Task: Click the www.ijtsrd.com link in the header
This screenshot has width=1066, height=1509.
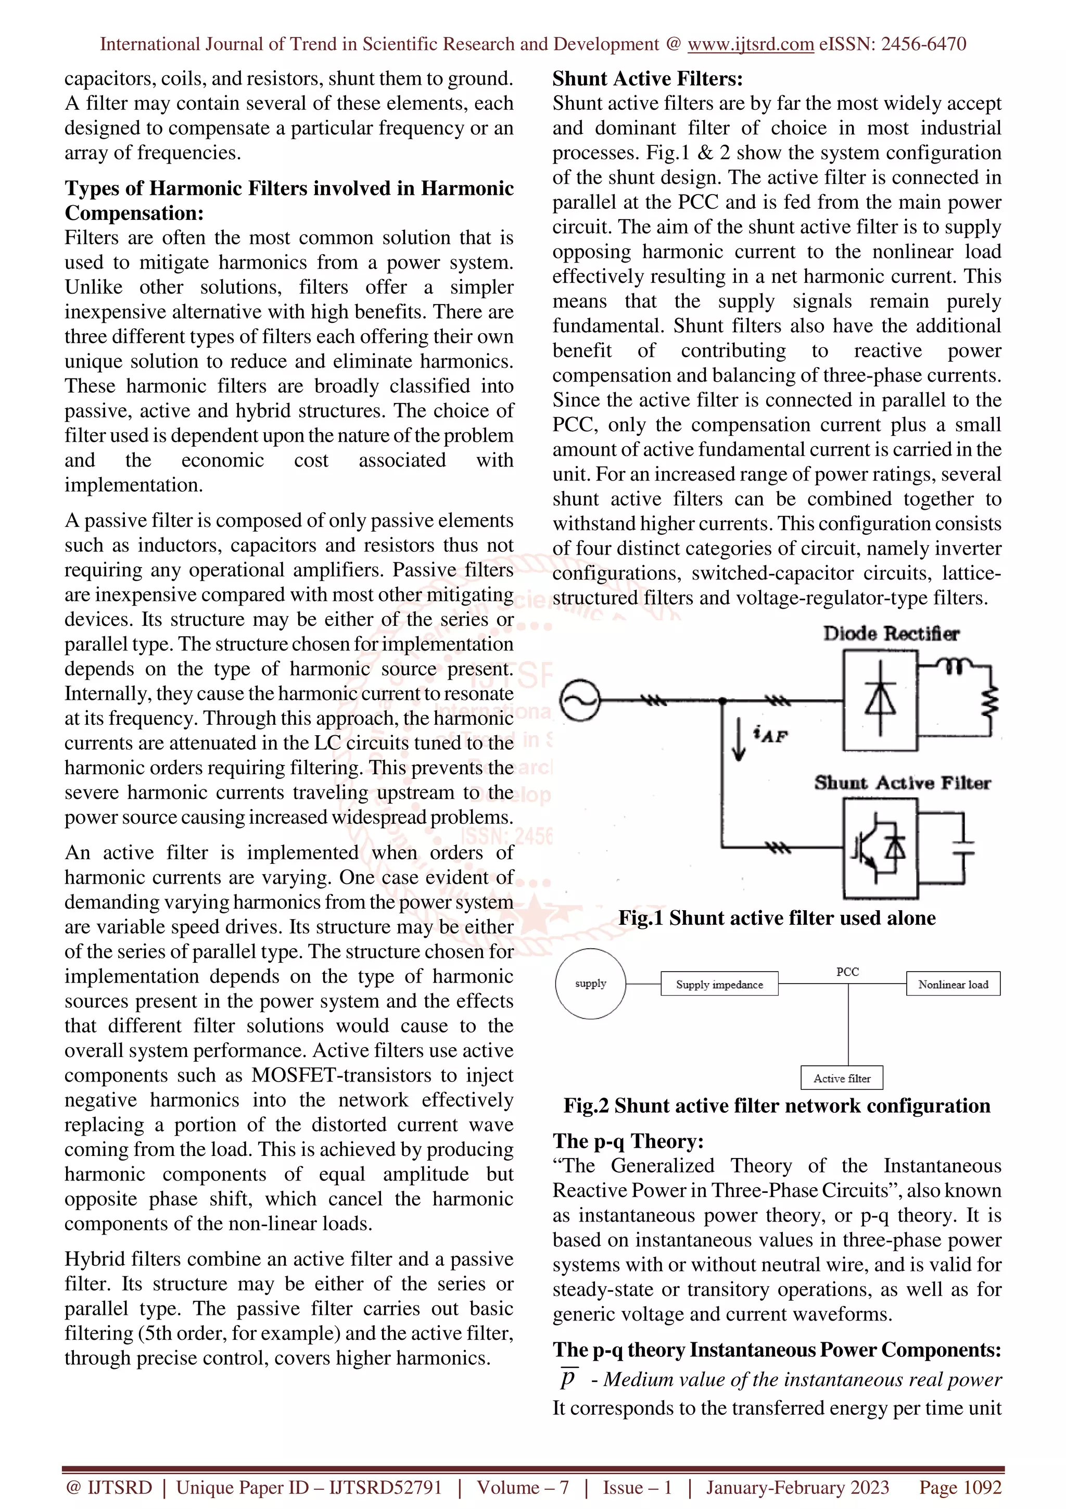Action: pyautogui.click(x=750, y=44)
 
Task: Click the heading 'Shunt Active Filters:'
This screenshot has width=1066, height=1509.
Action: pyautogui.click(x=647, y=79)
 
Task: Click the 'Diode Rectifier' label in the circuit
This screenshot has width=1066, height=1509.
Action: pyautogui.click(x=891, y=634)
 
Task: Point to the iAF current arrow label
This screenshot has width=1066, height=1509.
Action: pyautogui.click(x=770, y=735)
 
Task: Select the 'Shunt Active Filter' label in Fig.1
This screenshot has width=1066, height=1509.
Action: pyautogui.click(x=902, y=783)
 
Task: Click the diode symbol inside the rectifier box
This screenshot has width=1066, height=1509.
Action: pyautogui.click(x=880, y=699)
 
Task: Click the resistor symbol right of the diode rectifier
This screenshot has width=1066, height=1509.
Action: pyautogui.click(x=990, y=699)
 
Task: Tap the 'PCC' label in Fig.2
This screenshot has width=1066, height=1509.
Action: pyautogui.click(x=847, y=972)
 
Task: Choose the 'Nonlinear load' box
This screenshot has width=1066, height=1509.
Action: pyautogui.click(x=953, y=984)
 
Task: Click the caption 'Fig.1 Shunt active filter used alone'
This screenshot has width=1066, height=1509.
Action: pyautogui.click(x=777, y=917)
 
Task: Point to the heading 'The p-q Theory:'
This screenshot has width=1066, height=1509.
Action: pyautogui.click(x=627, y=1141)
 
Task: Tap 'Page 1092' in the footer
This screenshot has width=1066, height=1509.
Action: pyautogui.click(x=960, y=1487)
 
